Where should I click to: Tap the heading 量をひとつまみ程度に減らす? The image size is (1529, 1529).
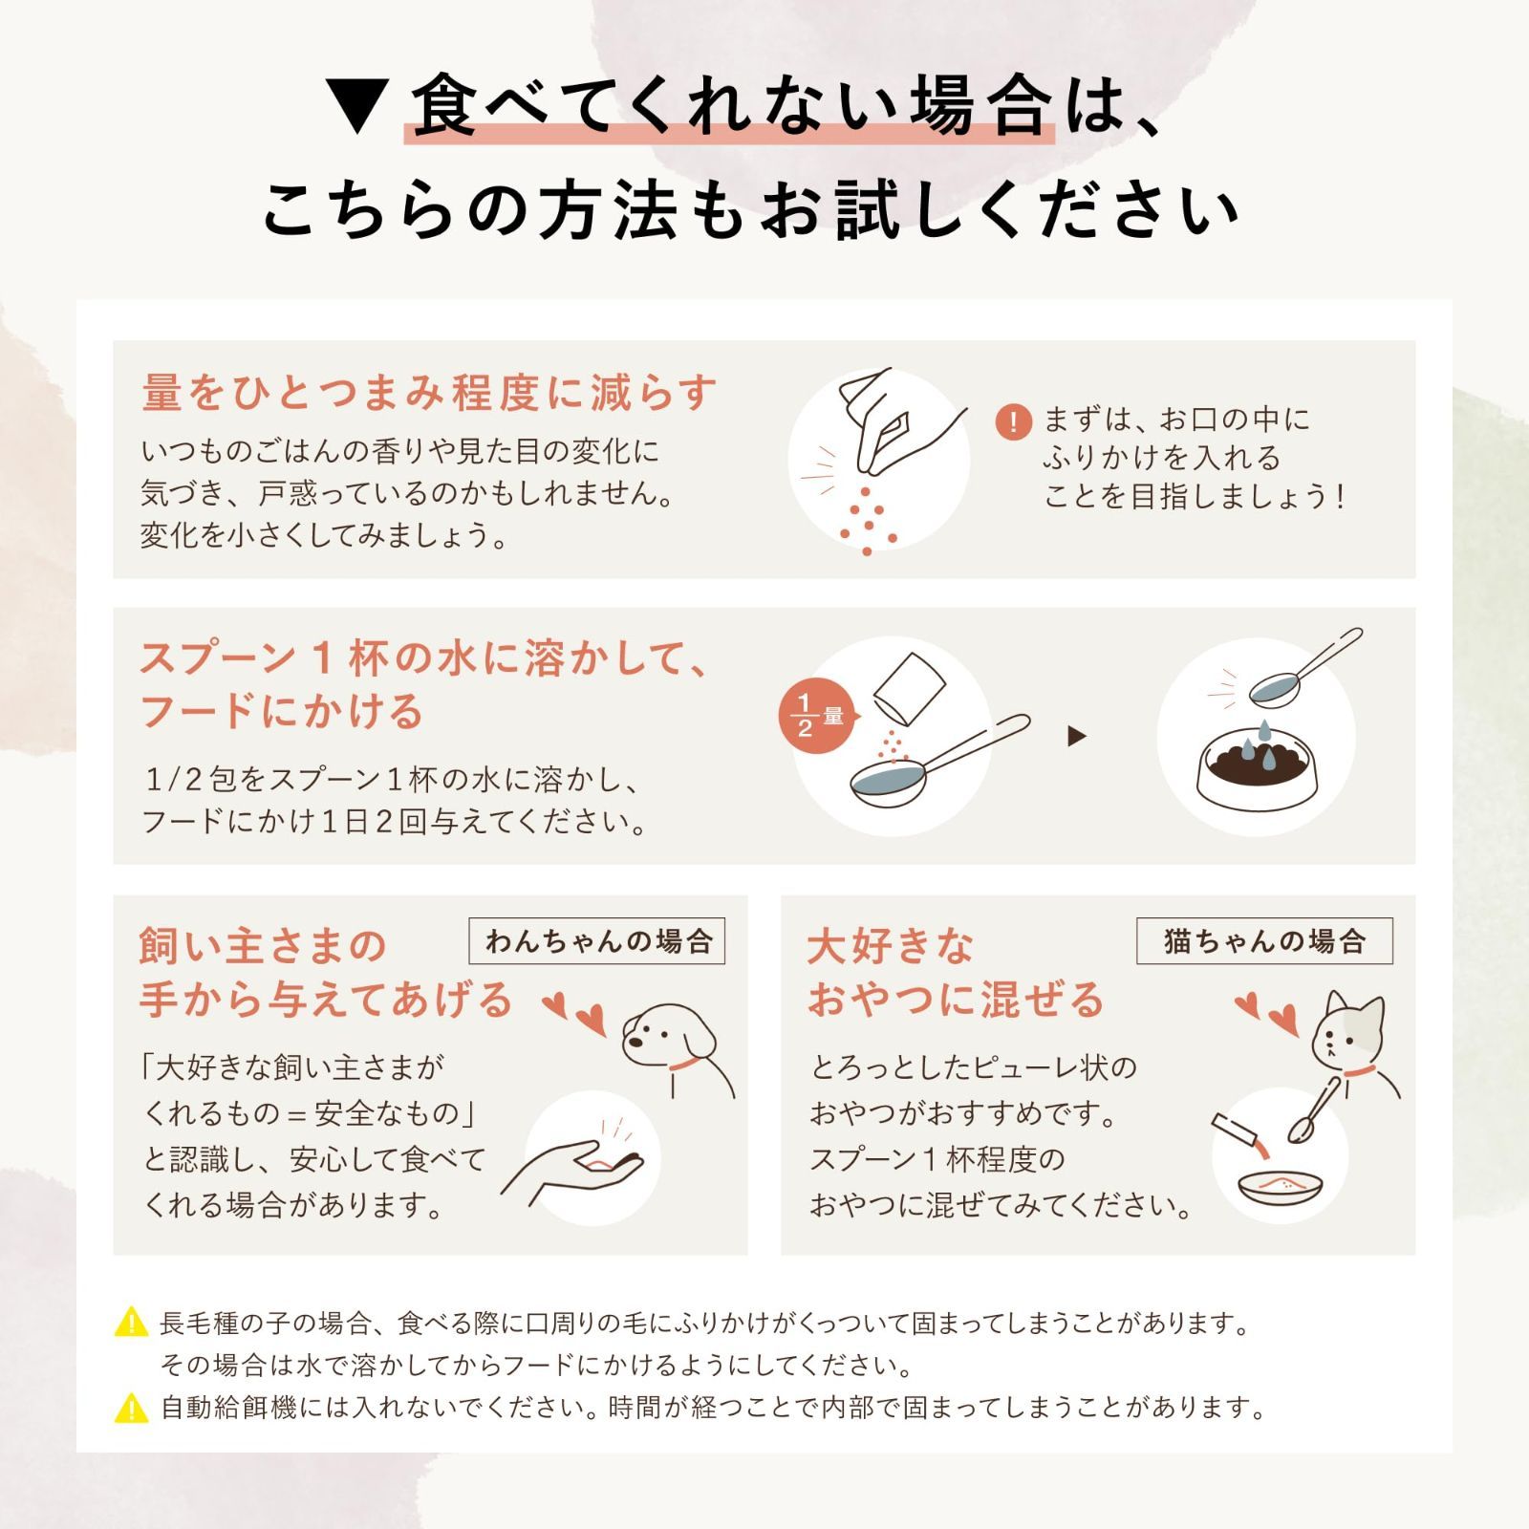(x=429, y=394)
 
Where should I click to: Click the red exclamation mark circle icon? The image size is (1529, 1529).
(x=1013, y=421)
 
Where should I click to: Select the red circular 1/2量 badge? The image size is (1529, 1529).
(x=818, y=717)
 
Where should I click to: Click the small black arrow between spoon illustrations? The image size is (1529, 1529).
(x=1077, y=736)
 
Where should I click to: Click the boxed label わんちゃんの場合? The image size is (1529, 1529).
(x=597, y=941)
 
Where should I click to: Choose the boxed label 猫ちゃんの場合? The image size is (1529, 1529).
(x=1264, y=941)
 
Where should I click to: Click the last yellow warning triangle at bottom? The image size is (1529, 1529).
(x=131, y=1408)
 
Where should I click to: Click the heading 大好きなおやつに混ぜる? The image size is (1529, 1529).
(x=956, y=973)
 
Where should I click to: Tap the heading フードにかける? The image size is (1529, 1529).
(x=282, y=711)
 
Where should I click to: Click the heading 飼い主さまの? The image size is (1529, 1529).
(x=263, y=946)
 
